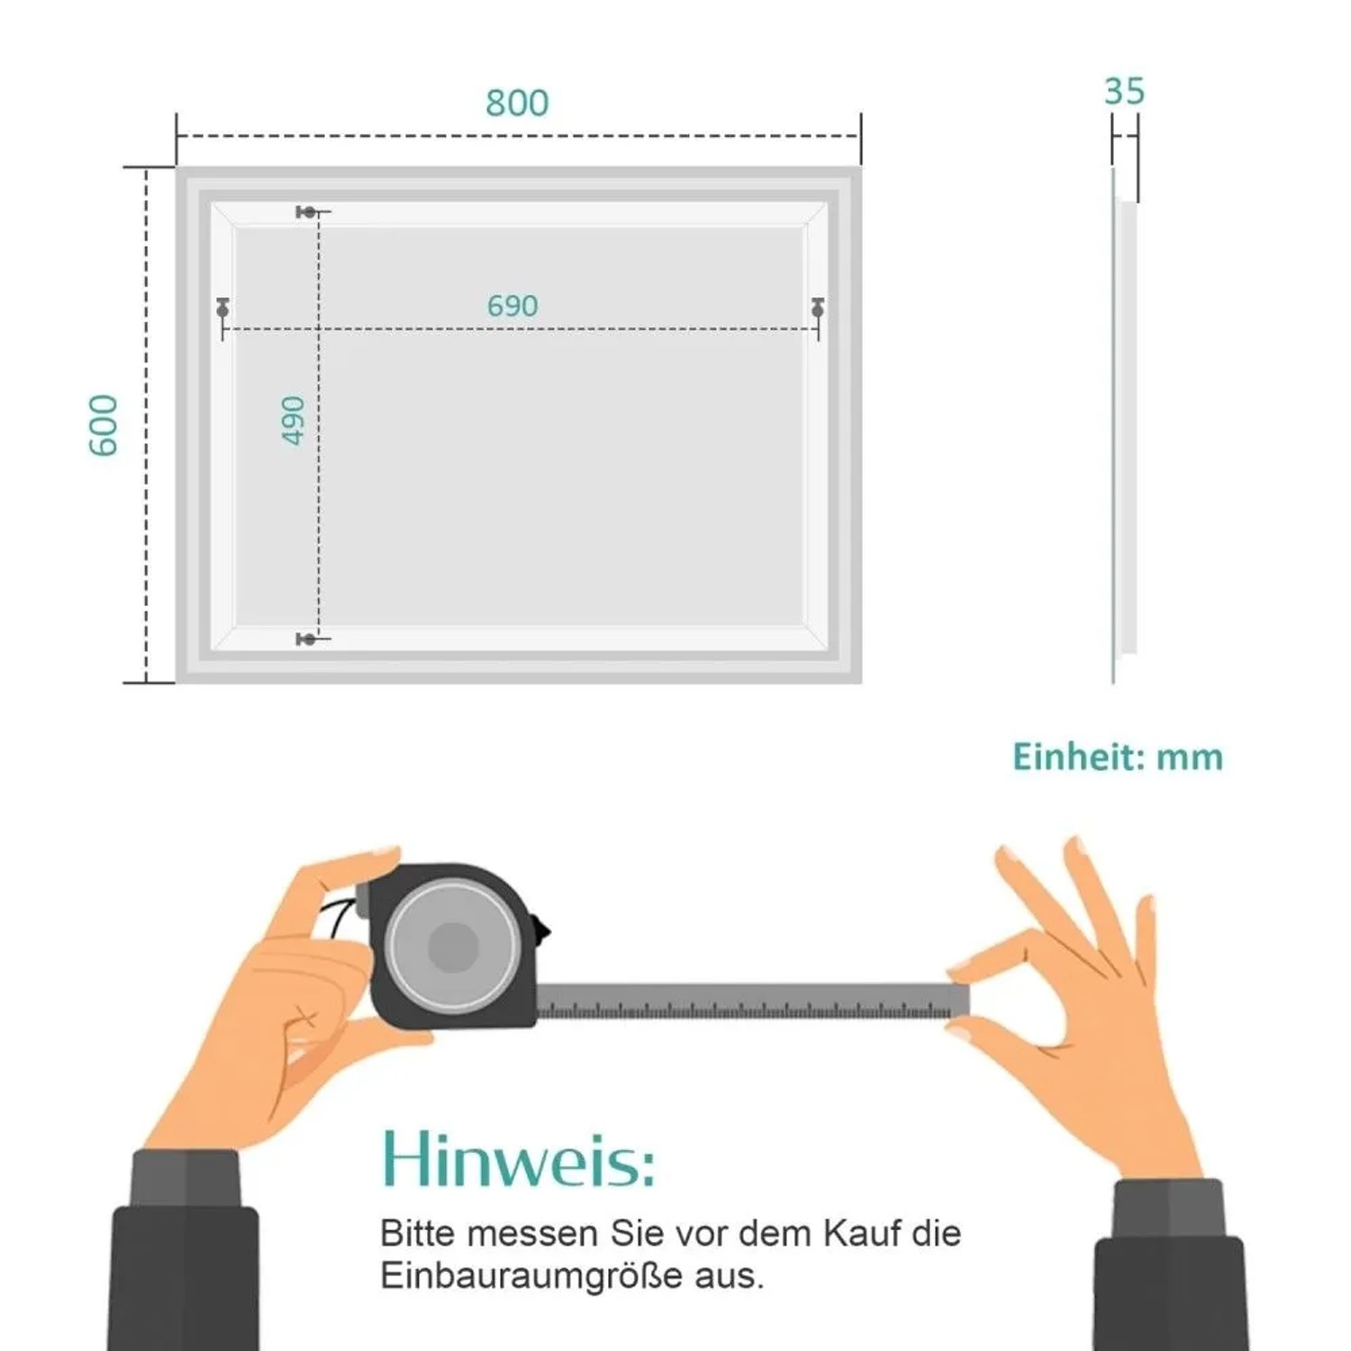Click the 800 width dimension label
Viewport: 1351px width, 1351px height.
point(517,104)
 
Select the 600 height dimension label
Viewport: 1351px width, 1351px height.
point(104,425)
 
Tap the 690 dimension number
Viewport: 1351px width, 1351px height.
point(512,306)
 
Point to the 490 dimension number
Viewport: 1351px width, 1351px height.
point(294,420)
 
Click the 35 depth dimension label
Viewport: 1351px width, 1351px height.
point(1124,92)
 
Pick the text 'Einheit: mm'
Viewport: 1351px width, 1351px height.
point(1118,757)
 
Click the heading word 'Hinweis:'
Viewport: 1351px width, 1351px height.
point(518,1158)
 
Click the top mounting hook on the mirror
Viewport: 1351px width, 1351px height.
point(308,213)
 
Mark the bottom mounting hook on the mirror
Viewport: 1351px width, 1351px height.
point(308,639)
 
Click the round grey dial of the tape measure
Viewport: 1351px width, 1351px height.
point(452,947)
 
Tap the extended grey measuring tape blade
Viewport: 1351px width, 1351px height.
point(753,1002)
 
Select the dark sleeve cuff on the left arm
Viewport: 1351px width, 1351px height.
point(186,1179)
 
